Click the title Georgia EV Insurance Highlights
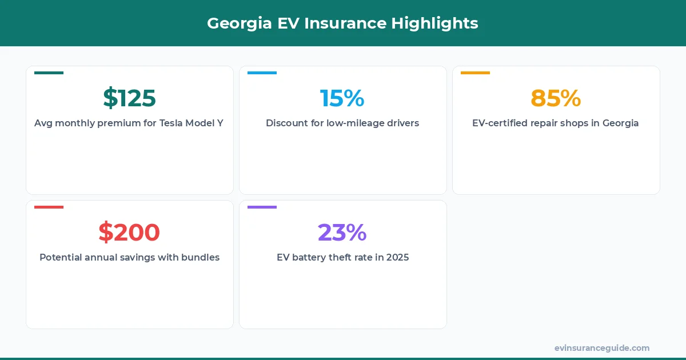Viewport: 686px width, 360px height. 342,23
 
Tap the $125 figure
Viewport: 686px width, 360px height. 129,98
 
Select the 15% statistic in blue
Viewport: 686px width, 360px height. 342,98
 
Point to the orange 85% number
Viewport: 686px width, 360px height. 556,98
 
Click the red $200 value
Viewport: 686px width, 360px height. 129,233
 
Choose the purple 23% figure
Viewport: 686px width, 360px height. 342,233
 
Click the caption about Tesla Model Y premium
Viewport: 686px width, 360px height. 129,123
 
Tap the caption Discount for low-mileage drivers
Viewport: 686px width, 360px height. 342,123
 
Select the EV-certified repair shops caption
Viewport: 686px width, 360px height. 556,123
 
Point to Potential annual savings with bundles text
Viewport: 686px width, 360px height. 129,258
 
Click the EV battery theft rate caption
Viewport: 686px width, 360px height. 342,258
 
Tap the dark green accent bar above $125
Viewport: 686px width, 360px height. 49,73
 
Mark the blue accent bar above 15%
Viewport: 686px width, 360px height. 262,73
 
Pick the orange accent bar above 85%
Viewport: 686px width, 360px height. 475,73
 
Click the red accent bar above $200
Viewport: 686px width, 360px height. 49,207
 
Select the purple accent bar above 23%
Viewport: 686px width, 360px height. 262,207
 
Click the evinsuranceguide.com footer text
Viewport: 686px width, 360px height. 601,348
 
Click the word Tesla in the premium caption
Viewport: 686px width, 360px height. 170,123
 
